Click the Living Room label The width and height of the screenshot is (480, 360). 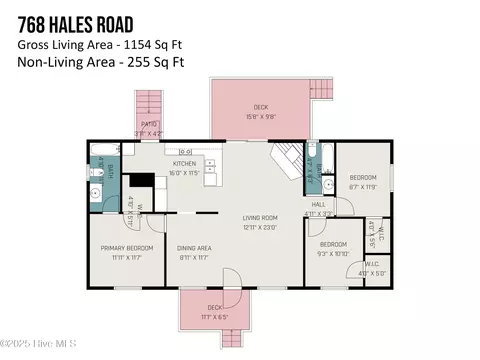pyautogui.click(x=260, y=218)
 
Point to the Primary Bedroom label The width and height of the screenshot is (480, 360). pyautogui.click(x=126, y=248)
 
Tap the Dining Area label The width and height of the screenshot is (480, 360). pyautogui.click(x=194, y=248)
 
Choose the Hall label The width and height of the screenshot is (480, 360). pyautogui.click(x=319, y=204)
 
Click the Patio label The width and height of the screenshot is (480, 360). pyautogui.click(x=149, y=125)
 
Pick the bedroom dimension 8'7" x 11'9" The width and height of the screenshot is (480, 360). pyautogui.click(x=363, y=185)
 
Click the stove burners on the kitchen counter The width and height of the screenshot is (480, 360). pyautogui.click(x=186, y=152)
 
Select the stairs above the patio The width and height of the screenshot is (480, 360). pyautogui.click(x=149, y=103)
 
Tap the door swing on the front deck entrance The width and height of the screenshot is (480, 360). pyautogui.click(x=228, y=279)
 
